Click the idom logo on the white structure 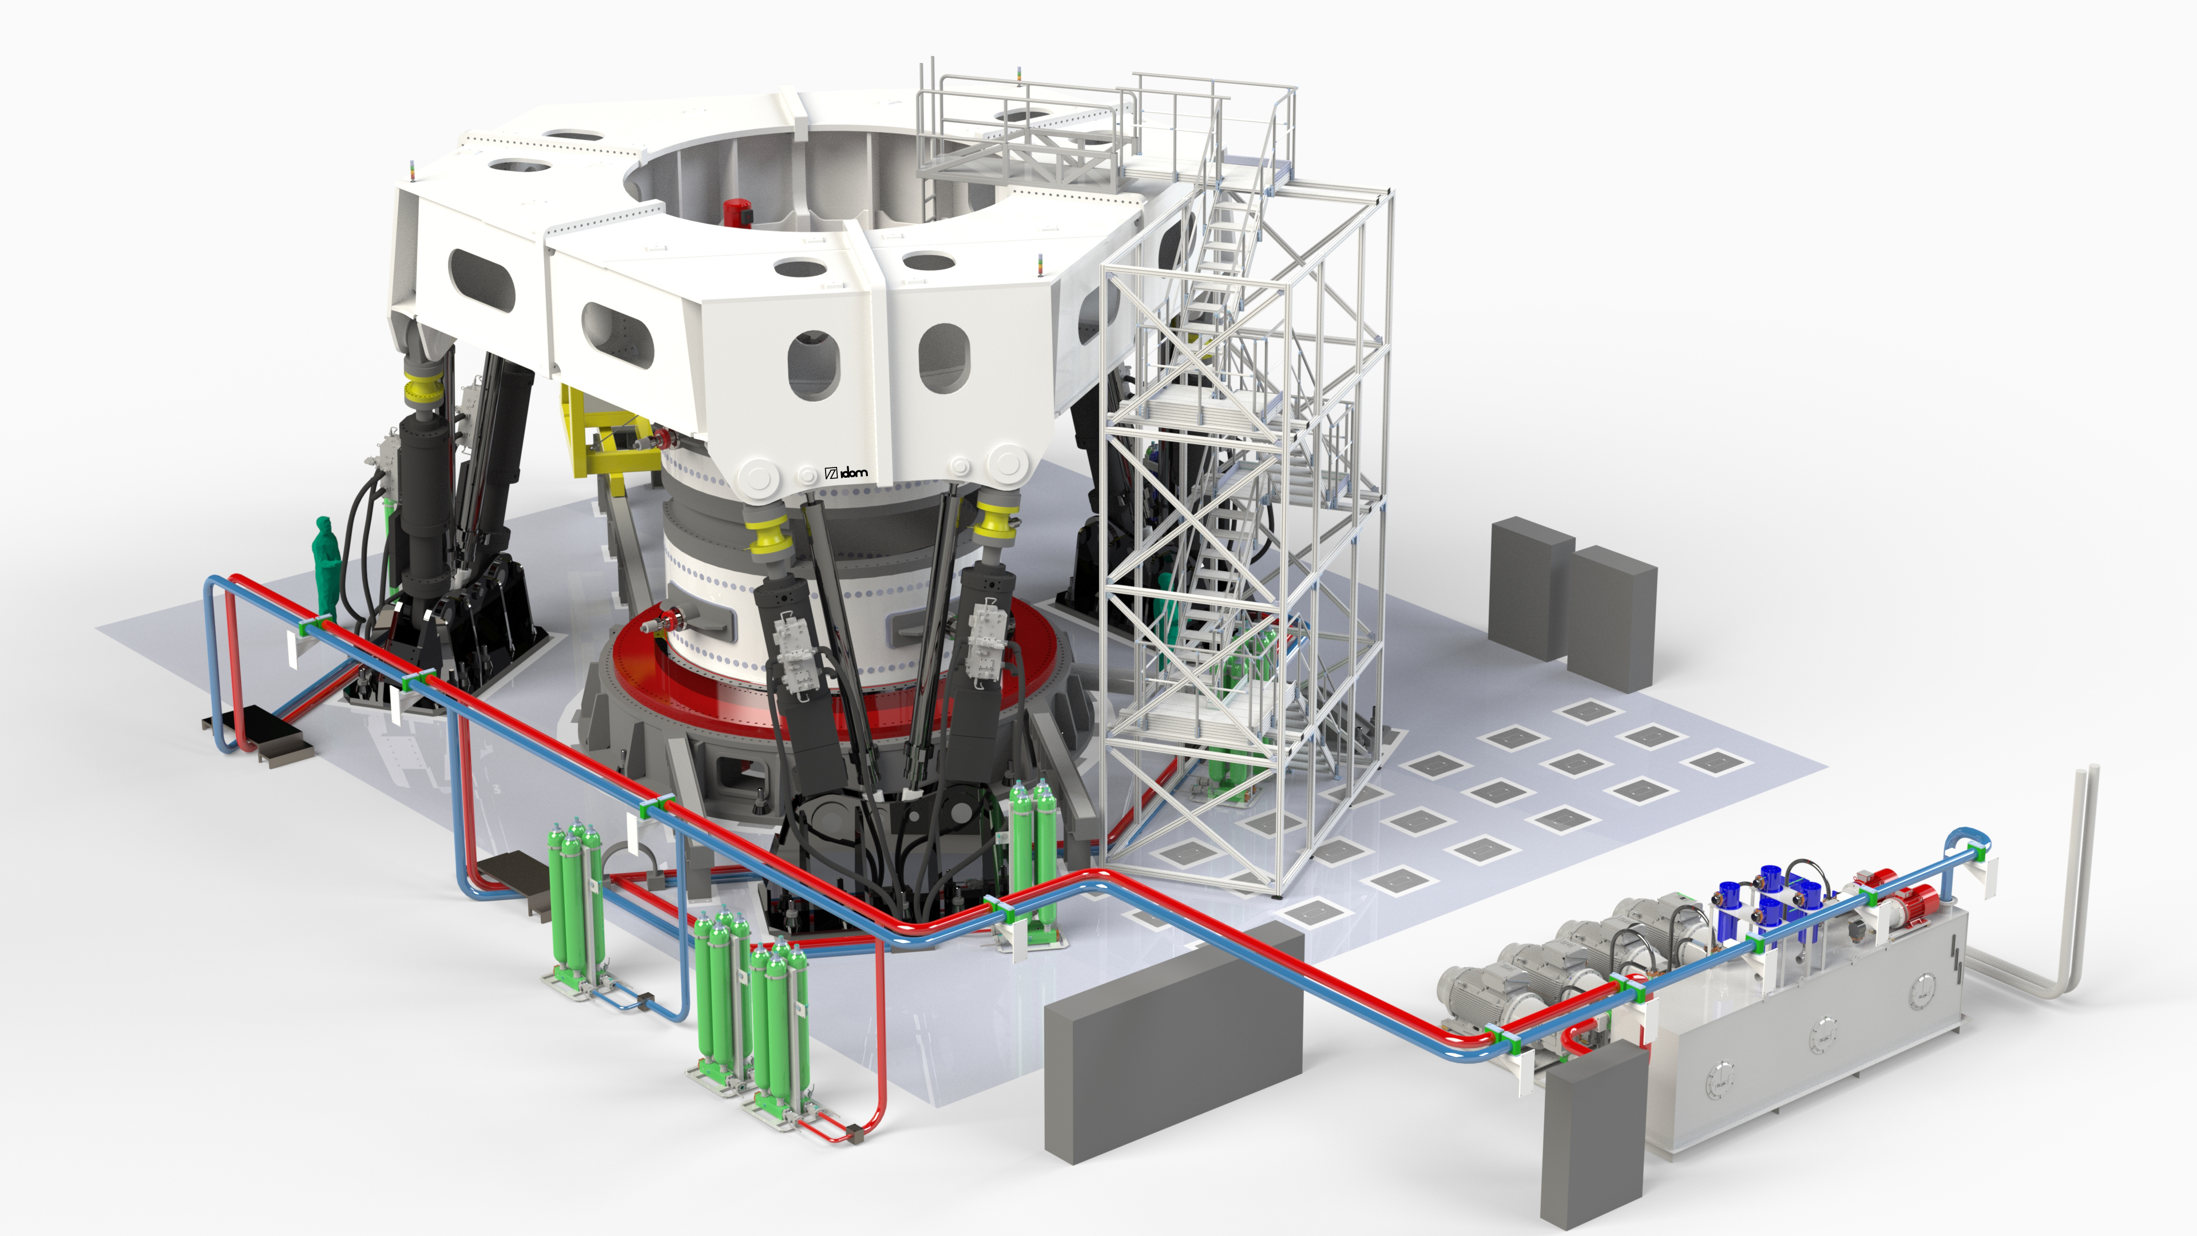point(847,472)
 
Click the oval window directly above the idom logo point(814,365)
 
